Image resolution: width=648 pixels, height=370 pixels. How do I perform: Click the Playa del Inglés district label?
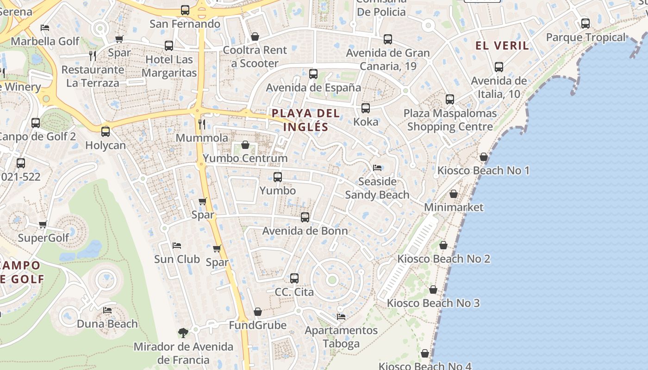(305, 120)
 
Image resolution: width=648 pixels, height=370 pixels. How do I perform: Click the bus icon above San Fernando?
(185, 10)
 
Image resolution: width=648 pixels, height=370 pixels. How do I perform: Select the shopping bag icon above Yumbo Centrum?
(245, 145)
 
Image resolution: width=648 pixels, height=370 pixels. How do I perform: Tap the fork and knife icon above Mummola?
(201, 124)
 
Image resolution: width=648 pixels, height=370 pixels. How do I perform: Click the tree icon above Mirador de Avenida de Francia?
(183, 332)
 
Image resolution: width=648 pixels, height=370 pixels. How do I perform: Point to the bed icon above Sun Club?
(176, 245)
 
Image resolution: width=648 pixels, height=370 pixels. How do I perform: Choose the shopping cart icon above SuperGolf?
(43, 224)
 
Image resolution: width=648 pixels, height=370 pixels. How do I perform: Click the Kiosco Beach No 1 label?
(484, 171)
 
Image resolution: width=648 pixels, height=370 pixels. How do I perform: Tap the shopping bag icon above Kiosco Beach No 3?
(433, 290)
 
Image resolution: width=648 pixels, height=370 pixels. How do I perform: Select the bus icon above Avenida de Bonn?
(305, 217)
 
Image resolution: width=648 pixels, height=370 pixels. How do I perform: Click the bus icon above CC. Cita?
(294, 278)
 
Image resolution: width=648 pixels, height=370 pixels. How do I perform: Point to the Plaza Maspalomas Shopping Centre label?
(450, 120)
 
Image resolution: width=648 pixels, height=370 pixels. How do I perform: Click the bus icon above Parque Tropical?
(586, 23)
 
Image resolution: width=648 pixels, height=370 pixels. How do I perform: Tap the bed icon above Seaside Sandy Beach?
(377, 167)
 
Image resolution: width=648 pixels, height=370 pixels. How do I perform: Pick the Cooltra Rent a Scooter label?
(255, 56)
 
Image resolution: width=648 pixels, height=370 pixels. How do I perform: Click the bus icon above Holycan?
(106, 131)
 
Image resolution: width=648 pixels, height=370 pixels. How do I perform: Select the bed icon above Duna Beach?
(107, 310)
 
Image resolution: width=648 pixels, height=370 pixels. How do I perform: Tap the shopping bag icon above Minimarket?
(454, 193)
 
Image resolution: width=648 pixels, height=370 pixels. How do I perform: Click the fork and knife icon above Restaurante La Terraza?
(93, 56)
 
